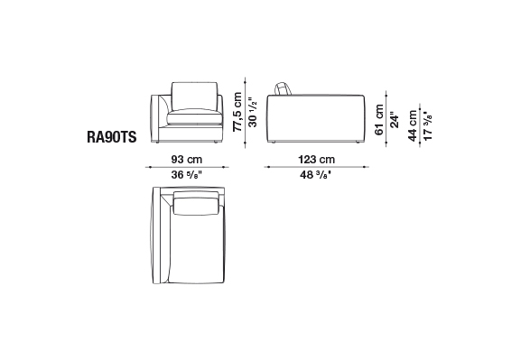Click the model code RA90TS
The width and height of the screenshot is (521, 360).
[112, 137]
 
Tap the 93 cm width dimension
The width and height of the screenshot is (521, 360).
[187, 160]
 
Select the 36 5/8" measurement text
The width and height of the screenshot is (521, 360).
[187, 174]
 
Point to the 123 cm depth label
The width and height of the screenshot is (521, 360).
[316, 160]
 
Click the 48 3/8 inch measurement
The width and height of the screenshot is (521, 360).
[316, 174]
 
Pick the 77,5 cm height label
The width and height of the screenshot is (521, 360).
[237, 112]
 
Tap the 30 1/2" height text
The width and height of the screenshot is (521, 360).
[253, 112]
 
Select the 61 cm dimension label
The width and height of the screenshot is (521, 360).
[379, 120]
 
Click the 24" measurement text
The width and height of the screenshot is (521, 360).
[394, 120]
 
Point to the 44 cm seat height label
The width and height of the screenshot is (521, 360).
[413, 125]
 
